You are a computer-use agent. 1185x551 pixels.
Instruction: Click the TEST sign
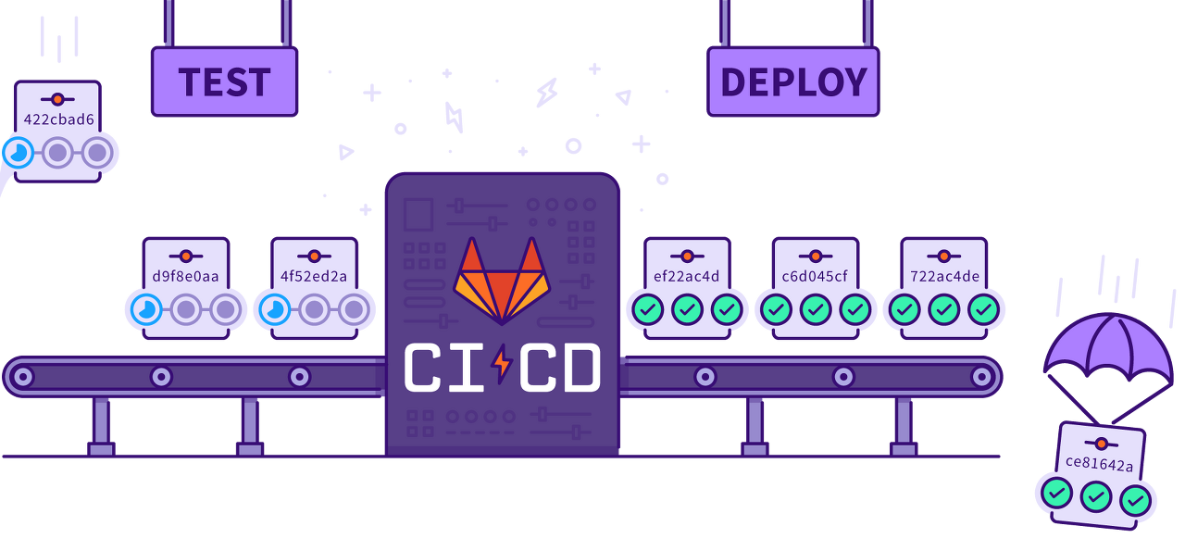[x=224, y=82]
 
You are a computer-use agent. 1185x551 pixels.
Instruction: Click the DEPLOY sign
[x=793, y=82]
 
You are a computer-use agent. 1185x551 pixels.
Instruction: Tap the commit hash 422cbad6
[x=58, y=119]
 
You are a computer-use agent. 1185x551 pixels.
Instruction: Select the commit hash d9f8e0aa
[x=186, y=276]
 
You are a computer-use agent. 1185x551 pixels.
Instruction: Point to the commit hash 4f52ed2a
[x=314, y=276]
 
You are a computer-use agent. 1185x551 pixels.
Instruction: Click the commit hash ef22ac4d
[x=687, y=276]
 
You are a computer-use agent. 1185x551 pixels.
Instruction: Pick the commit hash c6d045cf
[x=815, y=276]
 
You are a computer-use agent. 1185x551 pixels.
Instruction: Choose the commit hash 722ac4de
[x=943, y=276]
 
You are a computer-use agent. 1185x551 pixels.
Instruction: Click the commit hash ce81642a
[x=1099, y=464]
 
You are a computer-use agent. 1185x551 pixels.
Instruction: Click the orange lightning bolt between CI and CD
[x=502, y=365]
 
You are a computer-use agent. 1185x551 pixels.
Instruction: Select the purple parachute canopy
[x=1108, y=343]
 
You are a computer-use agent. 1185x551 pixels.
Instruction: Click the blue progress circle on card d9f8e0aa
[x=146, y=309]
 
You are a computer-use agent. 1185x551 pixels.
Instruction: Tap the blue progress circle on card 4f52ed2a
[x=274, y=309]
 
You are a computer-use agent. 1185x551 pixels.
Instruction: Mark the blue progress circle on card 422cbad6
[x=19, y=152]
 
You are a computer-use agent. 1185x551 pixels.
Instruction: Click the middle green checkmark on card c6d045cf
[x=816, y=309]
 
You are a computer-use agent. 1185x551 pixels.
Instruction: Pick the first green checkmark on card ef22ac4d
[x=648, y=309]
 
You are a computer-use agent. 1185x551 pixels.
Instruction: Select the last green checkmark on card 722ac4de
[x=983, y=309]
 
